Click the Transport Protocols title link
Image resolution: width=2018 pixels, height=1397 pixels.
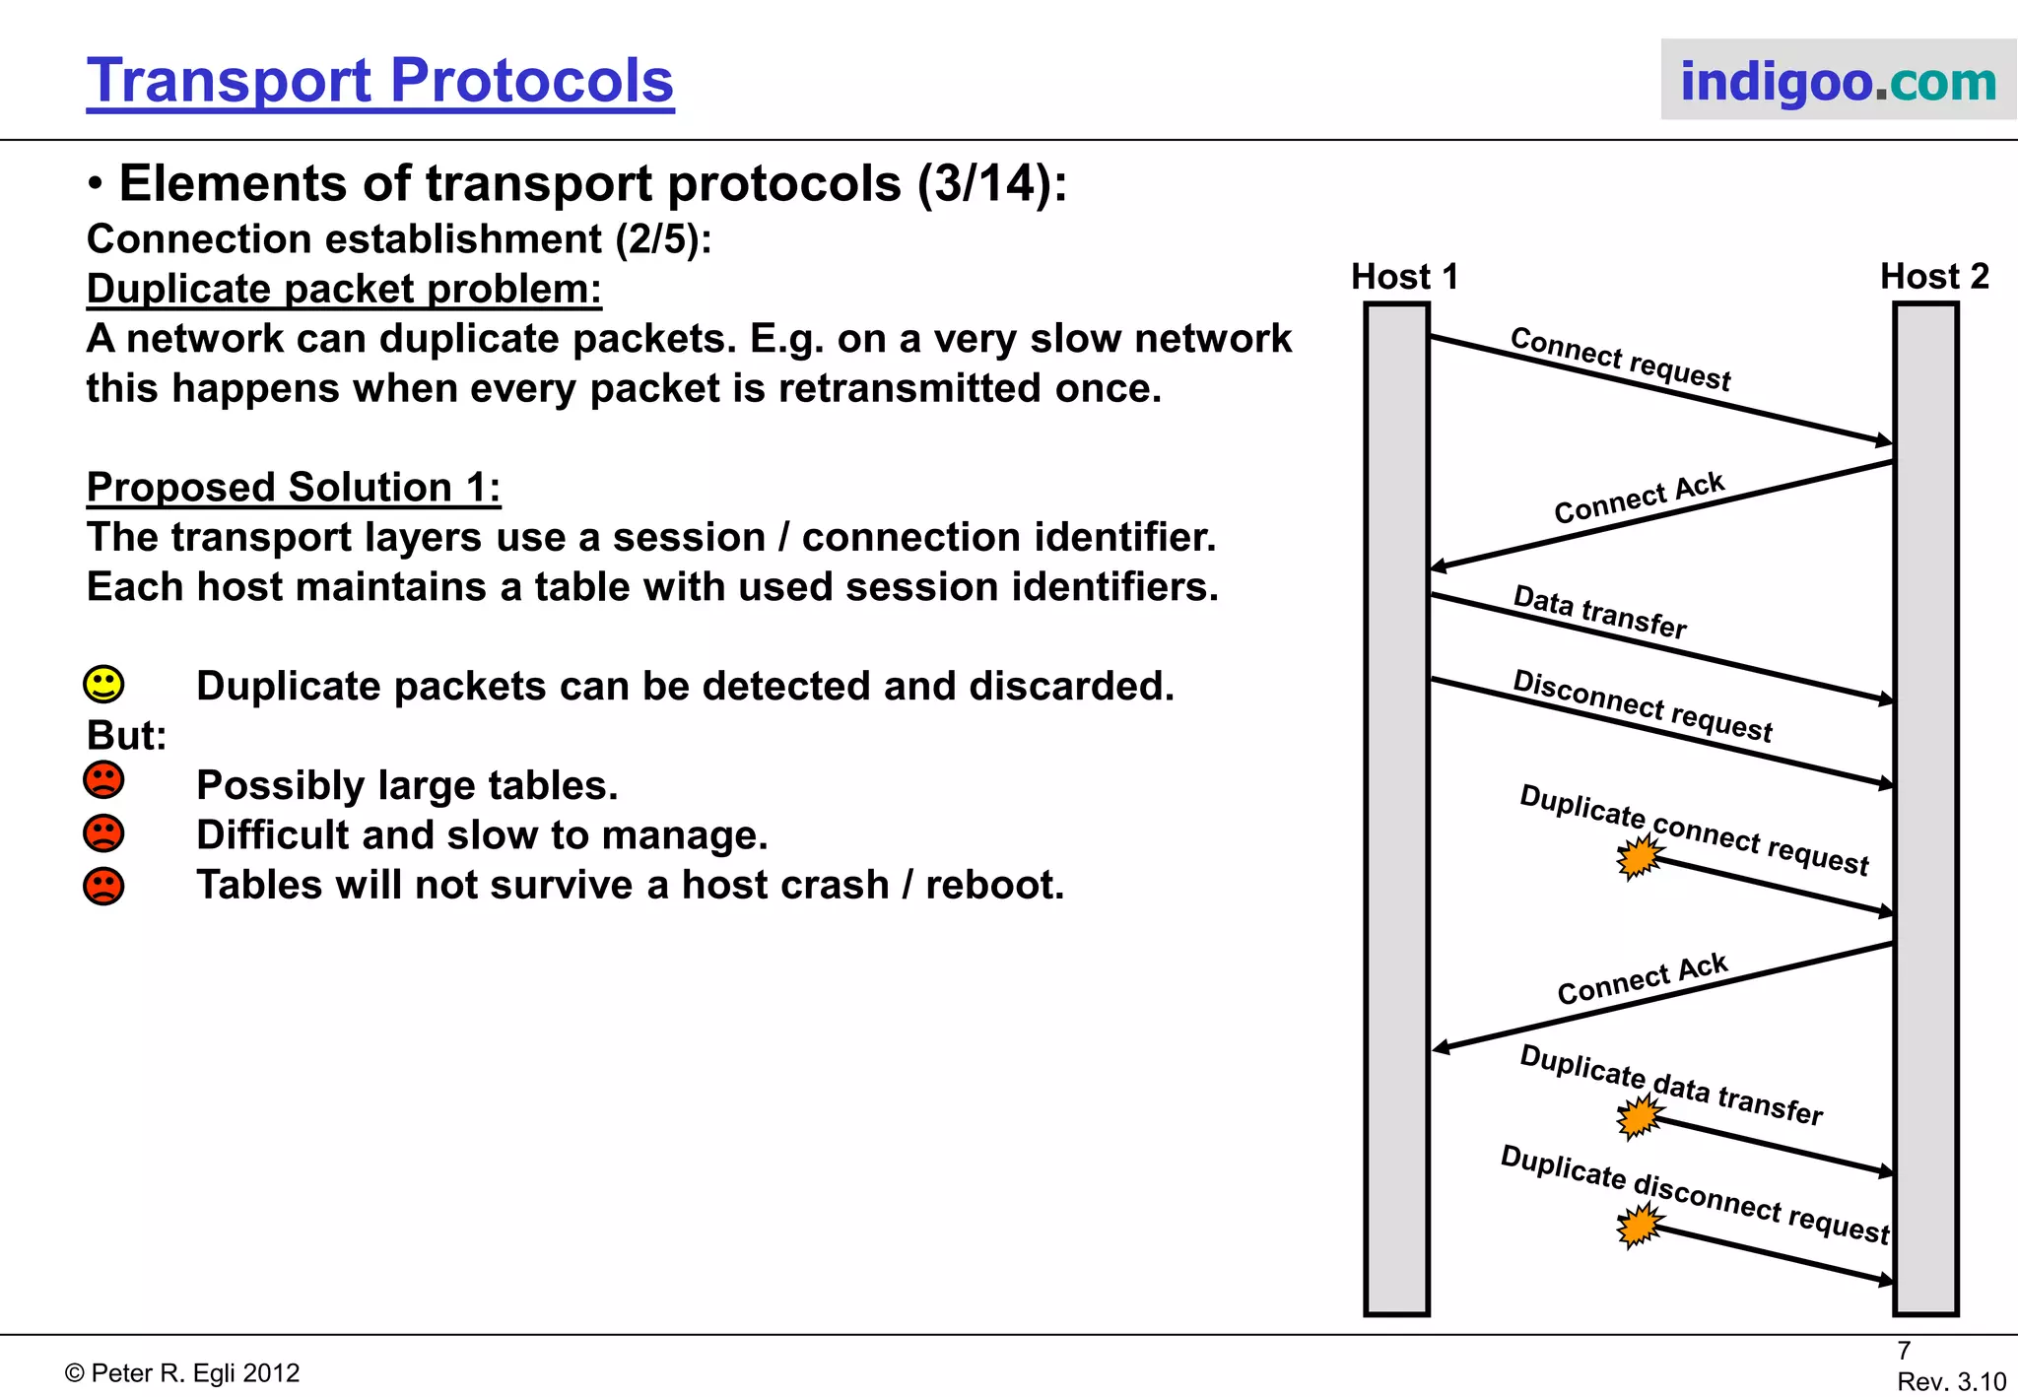click(x=379, y=81)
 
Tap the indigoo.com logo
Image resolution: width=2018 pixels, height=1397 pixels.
click(x=1838, y=81)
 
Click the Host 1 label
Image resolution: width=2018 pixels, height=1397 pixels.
click(x=1404, y=277)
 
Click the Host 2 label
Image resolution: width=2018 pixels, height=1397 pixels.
click(x=1934, y=277)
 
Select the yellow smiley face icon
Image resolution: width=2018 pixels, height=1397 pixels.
click(x=103, y=685)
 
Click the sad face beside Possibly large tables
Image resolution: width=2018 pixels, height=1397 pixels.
click(x=103, y=781)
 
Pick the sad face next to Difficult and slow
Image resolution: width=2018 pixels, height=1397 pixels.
click(x=103, y=833)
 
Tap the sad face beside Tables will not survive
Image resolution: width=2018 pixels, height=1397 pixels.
click(x=103, y=886)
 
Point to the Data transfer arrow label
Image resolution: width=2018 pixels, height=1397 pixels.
click(x=1599, y=612)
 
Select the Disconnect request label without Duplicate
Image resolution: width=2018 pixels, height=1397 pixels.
click(x=1642, y=705)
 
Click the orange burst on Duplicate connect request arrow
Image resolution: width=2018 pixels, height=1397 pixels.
click(x=1639, y=857)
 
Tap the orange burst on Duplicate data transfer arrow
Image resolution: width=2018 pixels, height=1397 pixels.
click(x=1640, y=1118)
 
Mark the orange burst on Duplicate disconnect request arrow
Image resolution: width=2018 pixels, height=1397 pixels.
click(x=1640, y=1227)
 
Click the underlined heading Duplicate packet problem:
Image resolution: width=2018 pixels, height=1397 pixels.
click(x=344, y=290)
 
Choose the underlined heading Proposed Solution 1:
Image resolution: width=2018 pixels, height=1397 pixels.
click(x=294, y=488)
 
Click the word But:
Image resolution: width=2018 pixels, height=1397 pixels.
click(x=126, y=736)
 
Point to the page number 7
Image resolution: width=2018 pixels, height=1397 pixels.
click(x=1904, y=1351)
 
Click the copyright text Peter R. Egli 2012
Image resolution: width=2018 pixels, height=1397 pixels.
click(x=182, y=1373)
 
